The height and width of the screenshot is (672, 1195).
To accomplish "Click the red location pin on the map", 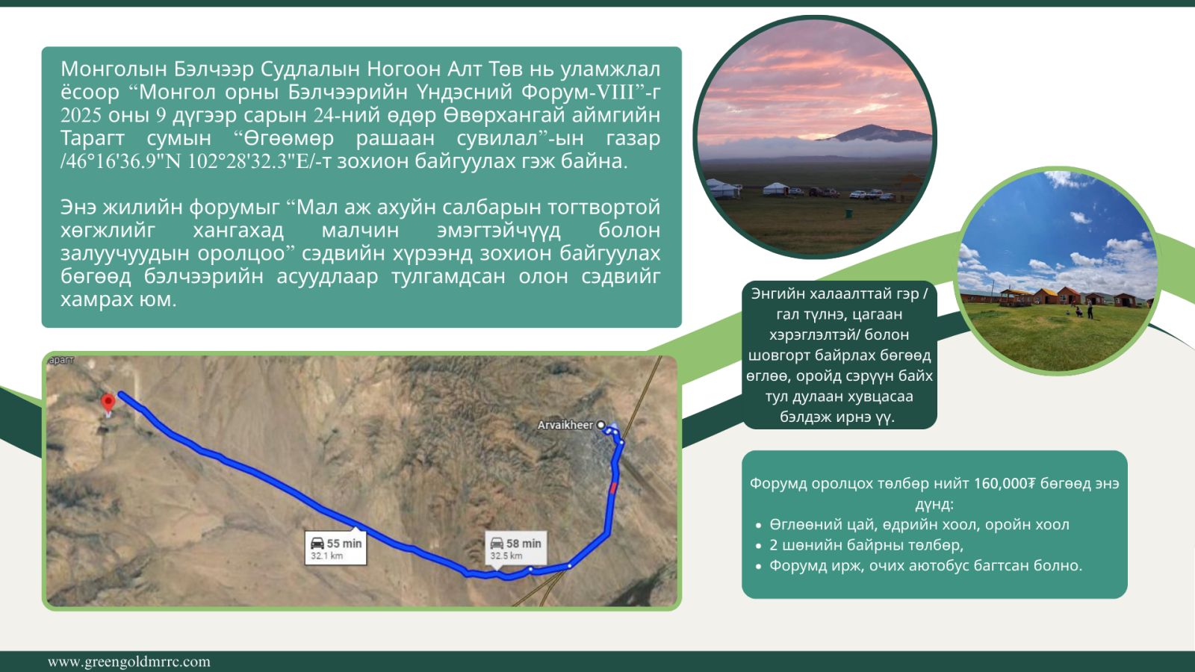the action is coord(108,403).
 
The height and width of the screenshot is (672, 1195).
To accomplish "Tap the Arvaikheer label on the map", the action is coord(565,425).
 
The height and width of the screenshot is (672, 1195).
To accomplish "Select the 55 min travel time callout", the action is coord(335,547).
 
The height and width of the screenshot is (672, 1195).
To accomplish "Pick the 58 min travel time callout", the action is coord(515,548).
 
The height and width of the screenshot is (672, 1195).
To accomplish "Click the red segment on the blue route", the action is coord(613,488).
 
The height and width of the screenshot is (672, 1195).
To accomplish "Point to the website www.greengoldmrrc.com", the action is coord(129,662).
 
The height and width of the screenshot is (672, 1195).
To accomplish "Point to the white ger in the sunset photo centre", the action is coord(776,188).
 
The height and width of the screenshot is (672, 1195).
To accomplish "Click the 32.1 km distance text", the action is coord(326,556).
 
